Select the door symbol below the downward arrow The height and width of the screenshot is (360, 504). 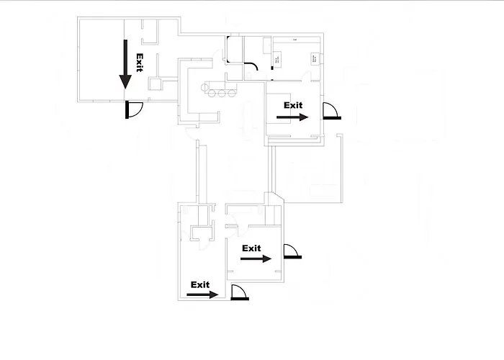click(134, 109)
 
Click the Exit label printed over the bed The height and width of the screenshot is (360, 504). click(293, 105)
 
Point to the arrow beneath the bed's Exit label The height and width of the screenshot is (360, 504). click(294, 117)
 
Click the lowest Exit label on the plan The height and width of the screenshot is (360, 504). click(199, 284)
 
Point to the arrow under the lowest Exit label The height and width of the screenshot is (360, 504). click(204, 294)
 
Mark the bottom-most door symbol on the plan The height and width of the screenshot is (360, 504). click(240, 293)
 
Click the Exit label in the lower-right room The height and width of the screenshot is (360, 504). click(251, 248)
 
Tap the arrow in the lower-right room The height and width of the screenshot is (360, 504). click(258, 259)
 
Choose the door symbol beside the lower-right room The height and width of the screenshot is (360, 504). click(292, 251)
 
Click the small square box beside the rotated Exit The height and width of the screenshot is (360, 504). click(153, 84)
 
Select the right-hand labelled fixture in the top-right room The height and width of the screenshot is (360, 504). click(315, 58)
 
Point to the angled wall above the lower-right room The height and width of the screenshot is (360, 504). click(278, 198)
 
